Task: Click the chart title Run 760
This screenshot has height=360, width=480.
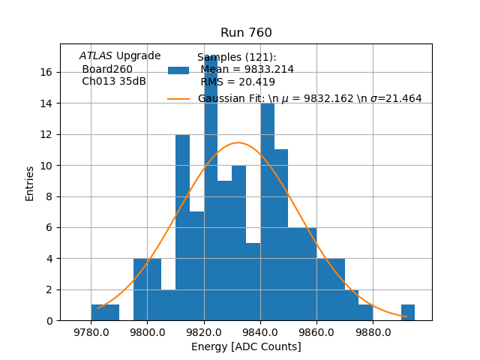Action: (246, 33)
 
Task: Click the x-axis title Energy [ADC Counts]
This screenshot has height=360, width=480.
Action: (246, 346)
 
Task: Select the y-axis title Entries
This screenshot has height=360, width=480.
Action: (30, 183)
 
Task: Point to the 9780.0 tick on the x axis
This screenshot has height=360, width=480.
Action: (90, 331)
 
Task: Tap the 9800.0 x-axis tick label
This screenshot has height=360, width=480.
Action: (147, 331)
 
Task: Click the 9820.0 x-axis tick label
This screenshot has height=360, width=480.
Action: (203, 331)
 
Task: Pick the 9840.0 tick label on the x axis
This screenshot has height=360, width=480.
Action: (260, 331)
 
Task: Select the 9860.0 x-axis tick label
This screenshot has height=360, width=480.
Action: (316, 331)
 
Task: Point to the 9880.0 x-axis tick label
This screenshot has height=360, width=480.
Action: (373, 331)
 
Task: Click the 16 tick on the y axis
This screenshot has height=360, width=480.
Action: (46, 73)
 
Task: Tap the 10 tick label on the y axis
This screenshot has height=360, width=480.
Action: (46, 166)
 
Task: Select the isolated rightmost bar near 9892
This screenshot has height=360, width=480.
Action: (408, 313)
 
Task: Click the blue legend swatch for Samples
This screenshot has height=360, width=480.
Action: (178, 70)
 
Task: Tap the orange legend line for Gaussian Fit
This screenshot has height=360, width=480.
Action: (178, 98)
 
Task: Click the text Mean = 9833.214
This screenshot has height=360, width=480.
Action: (247, 70)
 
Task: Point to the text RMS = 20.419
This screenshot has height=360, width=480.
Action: (237, 82)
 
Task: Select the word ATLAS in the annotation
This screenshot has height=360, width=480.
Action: (96, 56)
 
